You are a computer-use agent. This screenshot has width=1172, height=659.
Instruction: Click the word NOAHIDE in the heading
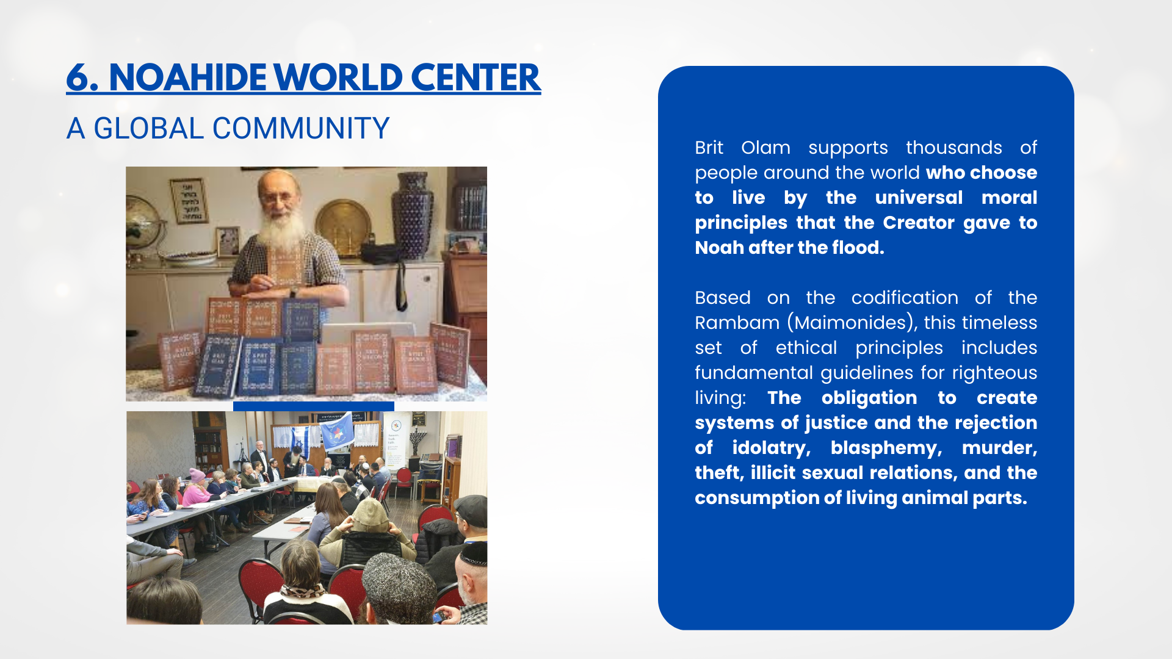tap(187, 77)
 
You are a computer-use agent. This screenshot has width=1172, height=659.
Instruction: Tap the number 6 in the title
tap(78, 77)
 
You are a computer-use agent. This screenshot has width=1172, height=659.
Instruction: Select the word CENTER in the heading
tap(476, 77)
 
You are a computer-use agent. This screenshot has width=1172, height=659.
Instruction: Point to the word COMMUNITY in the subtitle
tap(301, 128)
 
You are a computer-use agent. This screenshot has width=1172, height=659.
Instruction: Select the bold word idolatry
tap(771, 448)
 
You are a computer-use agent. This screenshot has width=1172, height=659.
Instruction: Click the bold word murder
tap(999, 448)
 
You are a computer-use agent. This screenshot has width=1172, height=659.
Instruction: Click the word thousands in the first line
tap(953, 147)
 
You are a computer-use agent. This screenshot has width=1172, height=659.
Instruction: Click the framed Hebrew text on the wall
tap(189, 201)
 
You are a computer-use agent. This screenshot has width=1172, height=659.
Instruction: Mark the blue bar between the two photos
tap(314, 406)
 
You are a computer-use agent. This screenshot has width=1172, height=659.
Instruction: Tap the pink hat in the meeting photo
tap(197, 475)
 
